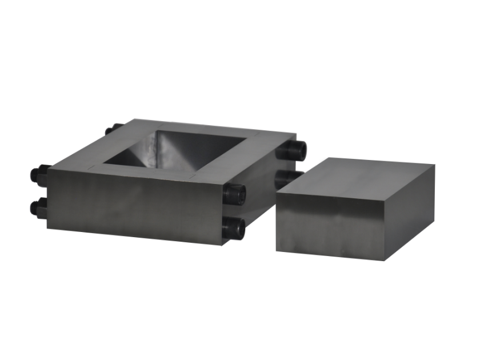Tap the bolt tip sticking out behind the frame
click(112, 129)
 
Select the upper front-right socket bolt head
click(234, 194)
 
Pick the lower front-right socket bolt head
click(233, 229)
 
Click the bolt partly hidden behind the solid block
click(283, 178)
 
